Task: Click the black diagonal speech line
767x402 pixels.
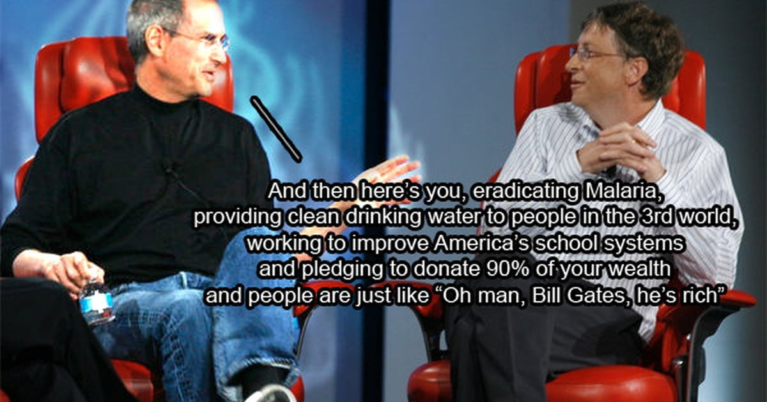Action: (x=276, y=129)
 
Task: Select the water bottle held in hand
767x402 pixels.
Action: (x=97, y=300)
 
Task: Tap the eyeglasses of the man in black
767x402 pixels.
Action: (x=203, y=38)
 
